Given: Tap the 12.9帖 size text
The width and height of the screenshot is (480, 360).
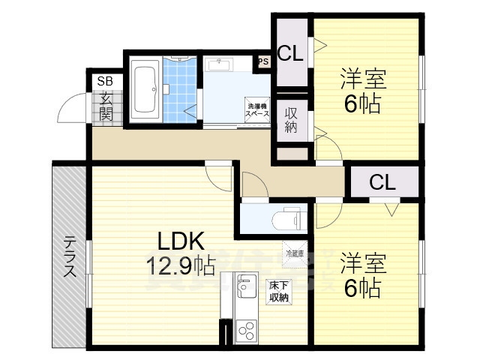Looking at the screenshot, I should [x=180, y=265].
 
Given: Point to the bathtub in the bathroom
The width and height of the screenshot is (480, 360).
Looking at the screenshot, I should [x=144, y=89].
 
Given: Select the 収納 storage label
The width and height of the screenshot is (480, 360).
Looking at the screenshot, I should [x=291, y=120].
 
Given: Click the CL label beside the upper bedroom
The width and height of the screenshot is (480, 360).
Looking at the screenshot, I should [x=290, y=54].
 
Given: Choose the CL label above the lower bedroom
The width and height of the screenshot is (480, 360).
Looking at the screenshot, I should [x=382, y=182].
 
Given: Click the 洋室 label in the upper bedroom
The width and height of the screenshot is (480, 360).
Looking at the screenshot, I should [x=364, y=79].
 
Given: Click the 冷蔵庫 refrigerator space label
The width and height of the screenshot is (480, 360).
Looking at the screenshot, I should [x=294, y=253].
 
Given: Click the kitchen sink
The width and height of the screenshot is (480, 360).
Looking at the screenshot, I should [x=246, y=288].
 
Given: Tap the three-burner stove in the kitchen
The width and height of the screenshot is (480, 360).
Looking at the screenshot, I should [x=246, y=328].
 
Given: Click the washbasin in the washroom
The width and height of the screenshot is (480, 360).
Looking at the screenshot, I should [x=218, y=64].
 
